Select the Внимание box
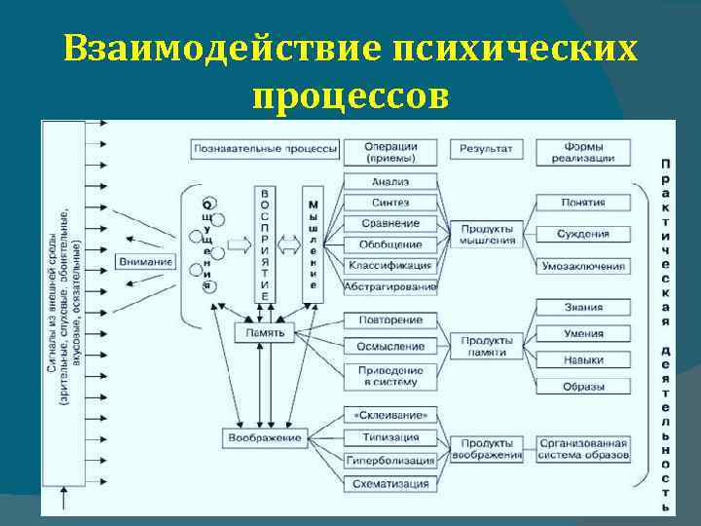(146, 261)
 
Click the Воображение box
(266, 437)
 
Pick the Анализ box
(389, 181)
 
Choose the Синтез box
(389, 203)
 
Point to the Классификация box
(389, 265)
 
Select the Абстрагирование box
(389, 286)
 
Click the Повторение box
(389, 320)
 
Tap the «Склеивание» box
(389, 416)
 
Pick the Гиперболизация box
(389, 460)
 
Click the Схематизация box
(389, 483)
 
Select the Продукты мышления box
(487, 234)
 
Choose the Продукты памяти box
(487, 346)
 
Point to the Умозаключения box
(583, 265)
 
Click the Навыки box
(583, 360)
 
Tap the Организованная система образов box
(583, 448)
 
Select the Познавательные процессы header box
(265, 149)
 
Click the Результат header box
(487, 149)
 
